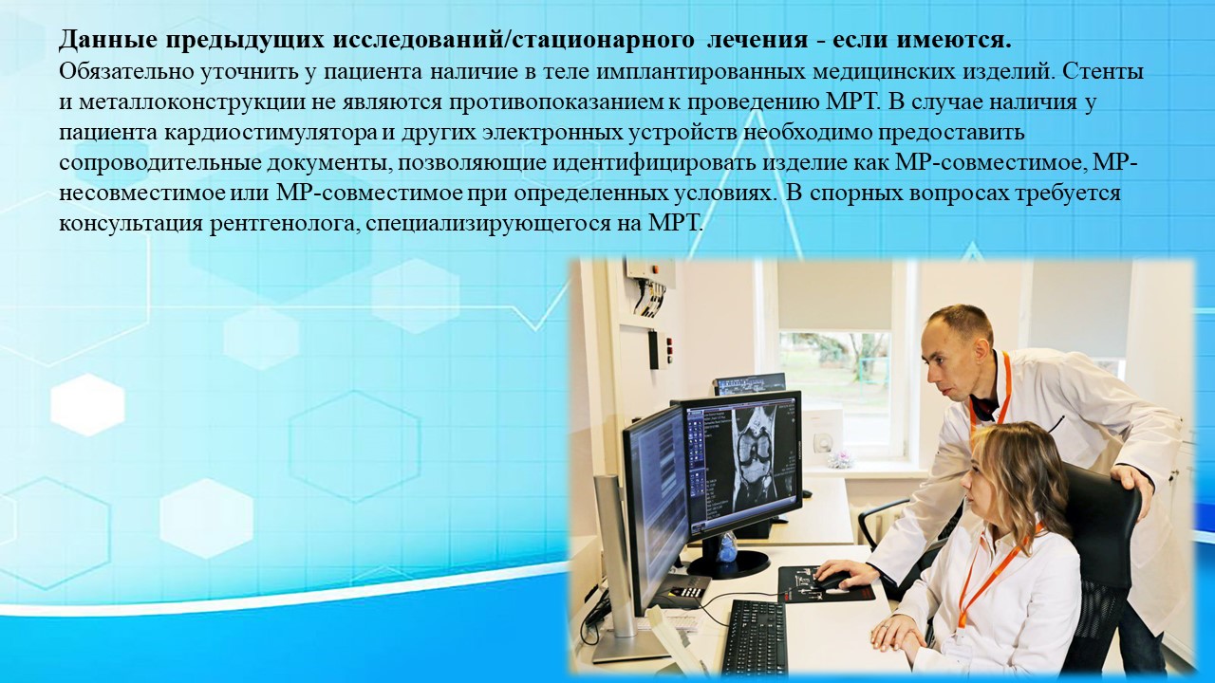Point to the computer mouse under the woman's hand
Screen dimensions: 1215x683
(828, 581)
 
